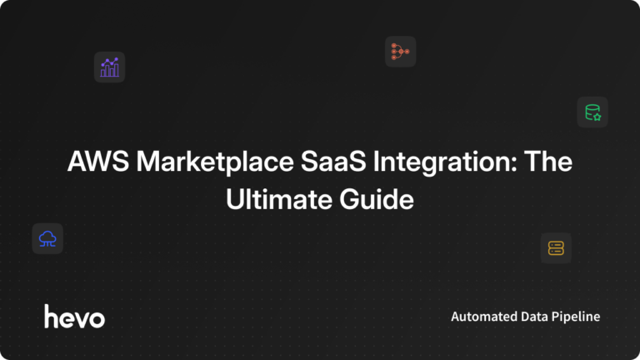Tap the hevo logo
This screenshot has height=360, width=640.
[74, 317]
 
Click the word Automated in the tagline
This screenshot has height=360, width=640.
[483, 317]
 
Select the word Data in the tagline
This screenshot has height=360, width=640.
[534, 317]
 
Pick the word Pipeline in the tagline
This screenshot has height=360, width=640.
[577, 317]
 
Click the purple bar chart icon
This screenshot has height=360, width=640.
[109, 67]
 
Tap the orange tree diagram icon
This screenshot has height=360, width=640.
[400, 52]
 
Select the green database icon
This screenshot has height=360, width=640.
[592, 112]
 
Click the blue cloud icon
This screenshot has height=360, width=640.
[47, 239]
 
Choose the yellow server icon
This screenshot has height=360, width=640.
[556, 247]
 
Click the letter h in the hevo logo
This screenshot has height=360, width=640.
[50, 316]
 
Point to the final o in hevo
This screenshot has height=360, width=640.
[97, 318]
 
